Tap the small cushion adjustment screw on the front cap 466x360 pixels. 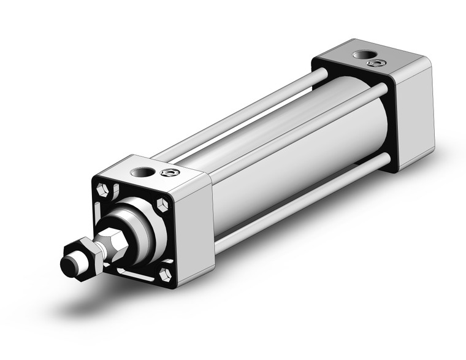point(167,174)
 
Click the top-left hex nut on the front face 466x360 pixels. point(105,190)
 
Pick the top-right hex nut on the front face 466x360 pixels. point(162,204)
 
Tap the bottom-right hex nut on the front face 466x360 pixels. point(165,273)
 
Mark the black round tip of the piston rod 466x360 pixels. point(69,266)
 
